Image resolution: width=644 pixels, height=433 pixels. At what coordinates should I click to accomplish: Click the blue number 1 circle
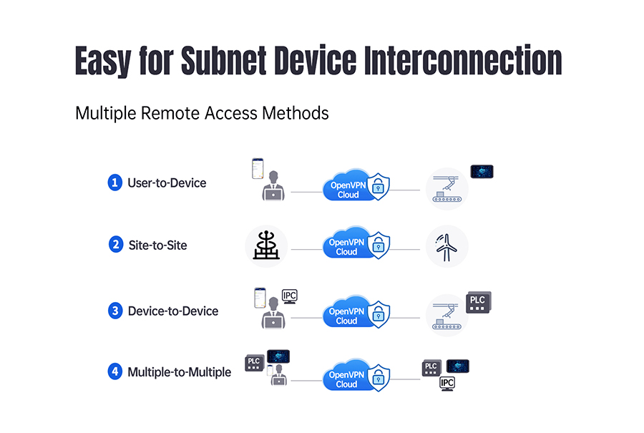click(115, 183)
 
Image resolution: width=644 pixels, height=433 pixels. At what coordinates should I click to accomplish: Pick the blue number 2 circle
click(115, 245)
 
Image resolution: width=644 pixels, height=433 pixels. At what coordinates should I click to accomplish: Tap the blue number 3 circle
click(115, 311)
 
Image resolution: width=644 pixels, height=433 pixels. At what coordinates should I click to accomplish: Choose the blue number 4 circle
click(115, 371)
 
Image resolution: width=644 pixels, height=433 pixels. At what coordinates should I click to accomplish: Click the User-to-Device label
click(167, 183)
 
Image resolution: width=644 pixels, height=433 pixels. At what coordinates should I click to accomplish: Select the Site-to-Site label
click(157, 245)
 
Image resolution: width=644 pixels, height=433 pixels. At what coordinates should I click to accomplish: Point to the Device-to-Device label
click(173, 311)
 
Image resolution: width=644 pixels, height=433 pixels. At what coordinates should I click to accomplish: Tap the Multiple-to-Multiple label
click(180, 371)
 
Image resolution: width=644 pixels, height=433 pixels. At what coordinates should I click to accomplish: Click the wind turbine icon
click(447, 246)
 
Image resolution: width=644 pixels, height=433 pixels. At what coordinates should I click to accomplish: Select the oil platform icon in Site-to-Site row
click(265, 246)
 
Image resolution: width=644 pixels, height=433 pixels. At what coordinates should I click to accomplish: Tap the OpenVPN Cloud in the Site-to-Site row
click(347, 247)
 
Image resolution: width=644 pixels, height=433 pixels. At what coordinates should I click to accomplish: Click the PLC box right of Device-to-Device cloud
click(479, 303)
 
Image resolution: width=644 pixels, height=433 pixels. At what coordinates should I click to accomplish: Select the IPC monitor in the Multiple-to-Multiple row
click(447, 384)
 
